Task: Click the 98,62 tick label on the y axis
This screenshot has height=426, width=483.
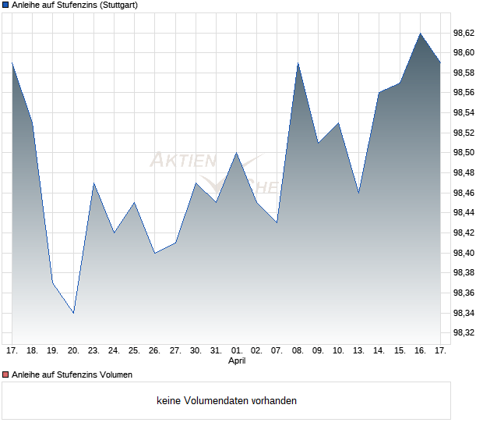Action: [464, 33]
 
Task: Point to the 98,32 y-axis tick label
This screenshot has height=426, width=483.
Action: [464, 333]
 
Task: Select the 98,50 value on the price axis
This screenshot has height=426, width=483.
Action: [464, 153]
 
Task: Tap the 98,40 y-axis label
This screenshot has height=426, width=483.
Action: [464, 253]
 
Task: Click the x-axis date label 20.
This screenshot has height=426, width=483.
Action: [73, 351]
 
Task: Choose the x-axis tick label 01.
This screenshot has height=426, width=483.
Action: [237, 351]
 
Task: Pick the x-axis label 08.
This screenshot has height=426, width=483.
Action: [298, 351]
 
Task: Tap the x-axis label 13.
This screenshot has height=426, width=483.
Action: [358, 351]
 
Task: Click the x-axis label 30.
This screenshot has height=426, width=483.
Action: [196, 351]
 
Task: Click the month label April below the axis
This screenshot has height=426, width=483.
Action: [237, 361]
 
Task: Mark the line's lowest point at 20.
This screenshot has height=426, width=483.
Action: [73, 313]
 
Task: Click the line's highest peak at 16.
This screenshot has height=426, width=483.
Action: [420, 34]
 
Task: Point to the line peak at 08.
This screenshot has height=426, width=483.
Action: [298, 63]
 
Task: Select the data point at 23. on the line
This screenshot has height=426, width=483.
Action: [93, 183]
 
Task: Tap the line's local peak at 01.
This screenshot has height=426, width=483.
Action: [237, 153]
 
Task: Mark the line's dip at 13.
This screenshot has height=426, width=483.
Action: [358, 193]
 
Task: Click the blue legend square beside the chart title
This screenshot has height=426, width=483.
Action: [5, 5]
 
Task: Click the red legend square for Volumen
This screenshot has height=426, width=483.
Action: [5, 375]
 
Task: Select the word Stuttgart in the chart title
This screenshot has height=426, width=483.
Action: [118, 5]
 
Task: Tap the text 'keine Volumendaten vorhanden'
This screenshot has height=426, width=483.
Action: [227, 401]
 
